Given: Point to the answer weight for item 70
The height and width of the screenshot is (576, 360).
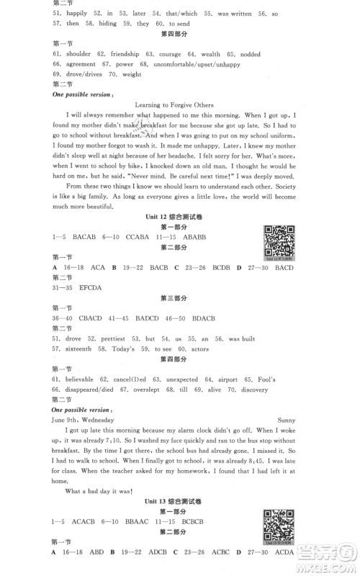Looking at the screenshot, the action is point(132,74).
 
